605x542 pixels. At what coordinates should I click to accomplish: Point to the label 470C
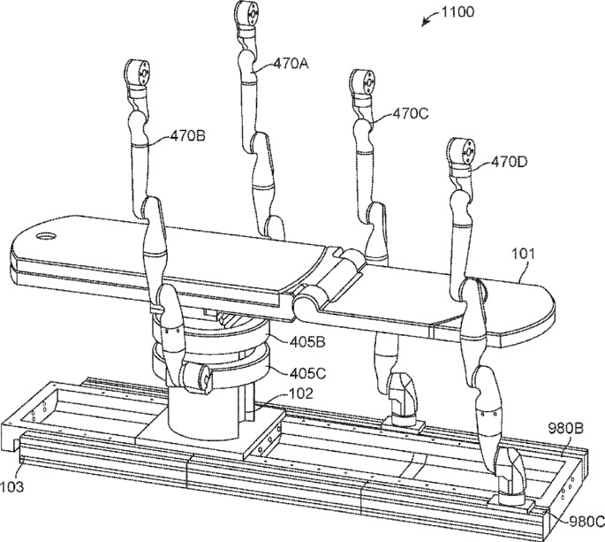point(411,113)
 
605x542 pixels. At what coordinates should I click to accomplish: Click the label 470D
point(510,162)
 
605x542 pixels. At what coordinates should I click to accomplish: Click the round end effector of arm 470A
point(246,15)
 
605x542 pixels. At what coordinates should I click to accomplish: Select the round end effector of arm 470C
point(364,82)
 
